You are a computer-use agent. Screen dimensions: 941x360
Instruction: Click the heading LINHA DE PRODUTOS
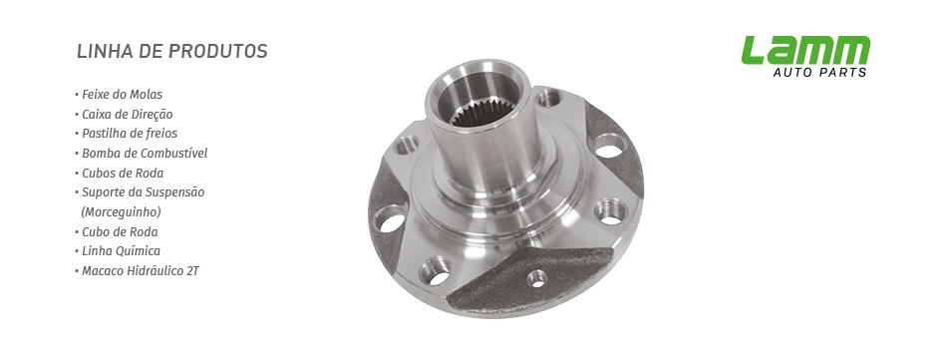point(172,52)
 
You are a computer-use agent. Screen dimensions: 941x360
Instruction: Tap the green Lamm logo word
point(806,50)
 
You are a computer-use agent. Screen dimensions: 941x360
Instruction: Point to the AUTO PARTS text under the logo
point(819,73)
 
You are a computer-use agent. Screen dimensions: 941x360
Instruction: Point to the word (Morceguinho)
point(121,212)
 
